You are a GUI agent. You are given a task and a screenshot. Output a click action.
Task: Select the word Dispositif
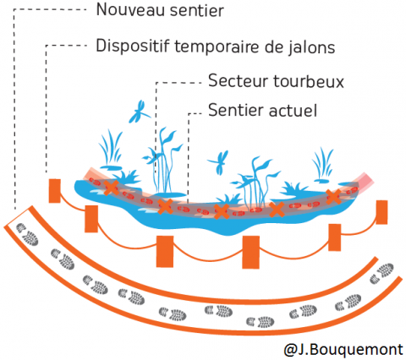pyautogui.click(x=133, y=46)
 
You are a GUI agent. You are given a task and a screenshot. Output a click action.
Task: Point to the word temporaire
pyautogui.click(x=217, y=46)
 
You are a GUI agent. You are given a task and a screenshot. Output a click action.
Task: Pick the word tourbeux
pyautogui.click(x=309, y=81)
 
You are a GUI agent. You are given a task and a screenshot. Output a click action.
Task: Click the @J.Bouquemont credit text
pyautogui.click(x=343, y=350)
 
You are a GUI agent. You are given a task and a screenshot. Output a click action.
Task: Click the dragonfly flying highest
pyautogui.click(x=139, y=112)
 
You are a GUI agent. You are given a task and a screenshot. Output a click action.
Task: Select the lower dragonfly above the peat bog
pyautogui.click(x=219, y=162)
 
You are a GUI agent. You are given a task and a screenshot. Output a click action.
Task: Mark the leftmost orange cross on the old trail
pyautogui.click(x=111, y=188)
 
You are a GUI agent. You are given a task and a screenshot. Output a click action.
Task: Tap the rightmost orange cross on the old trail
pyautogui.click(x=334, y=197)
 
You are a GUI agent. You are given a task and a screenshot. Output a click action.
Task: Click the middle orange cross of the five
pyautogui.click(x=222, y=211)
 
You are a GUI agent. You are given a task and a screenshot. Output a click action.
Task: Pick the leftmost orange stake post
pyautogui.click(x=54, y=191)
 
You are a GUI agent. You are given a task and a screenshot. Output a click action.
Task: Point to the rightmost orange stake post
pyautogui.click(x=381, y=212)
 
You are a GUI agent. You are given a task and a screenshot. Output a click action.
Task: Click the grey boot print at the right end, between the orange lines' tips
pyautogui.click(x=382, y=273)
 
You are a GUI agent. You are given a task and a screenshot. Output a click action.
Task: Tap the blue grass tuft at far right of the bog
pyautogui.click(x=322, y=166)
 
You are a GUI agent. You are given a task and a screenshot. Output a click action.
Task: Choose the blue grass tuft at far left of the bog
pyautogui.click(x=111, y=150)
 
